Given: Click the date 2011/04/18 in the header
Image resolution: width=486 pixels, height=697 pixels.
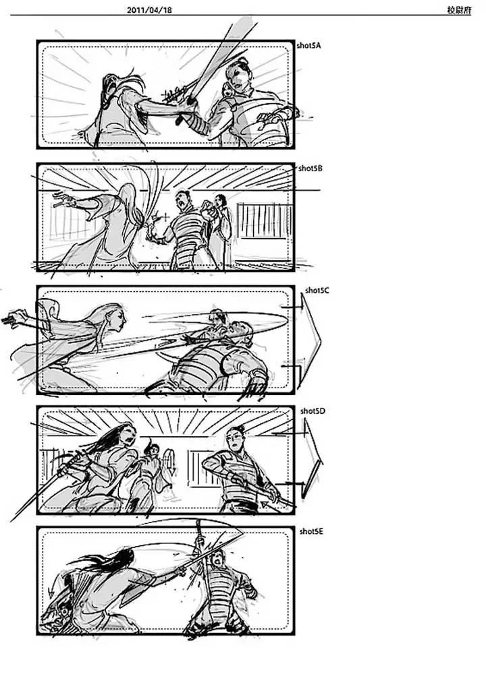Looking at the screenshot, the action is point(148,9).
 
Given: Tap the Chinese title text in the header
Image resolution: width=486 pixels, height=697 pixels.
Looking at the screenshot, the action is point(459,9).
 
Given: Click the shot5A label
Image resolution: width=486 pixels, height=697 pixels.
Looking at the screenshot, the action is point(309,46).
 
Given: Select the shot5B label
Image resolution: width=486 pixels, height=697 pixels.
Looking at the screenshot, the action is point(310,169).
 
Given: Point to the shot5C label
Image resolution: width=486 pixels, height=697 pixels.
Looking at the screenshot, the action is point(317,291).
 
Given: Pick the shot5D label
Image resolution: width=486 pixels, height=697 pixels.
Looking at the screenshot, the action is point(313,411).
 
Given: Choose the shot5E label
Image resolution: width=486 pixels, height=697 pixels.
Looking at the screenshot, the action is point(312,531).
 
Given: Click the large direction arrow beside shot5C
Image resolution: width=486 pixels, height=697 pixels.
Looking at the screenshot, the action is point(312,342).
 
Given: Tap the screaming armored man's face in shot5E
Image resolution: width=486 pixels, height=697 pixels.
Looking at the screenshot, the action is point(217,558).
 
